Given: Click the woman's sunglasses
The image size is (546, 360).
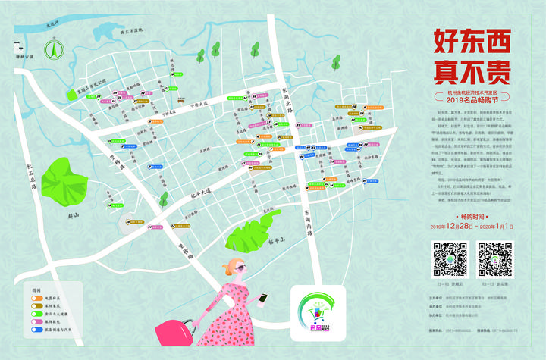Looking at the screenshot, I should click(x=237, y=271).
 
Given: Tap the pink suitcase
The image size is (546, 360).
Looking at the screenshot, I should click(x=174, y=333).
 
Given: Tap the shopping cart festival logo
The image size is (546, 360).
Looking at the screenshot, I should click(x=317, y=311).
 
